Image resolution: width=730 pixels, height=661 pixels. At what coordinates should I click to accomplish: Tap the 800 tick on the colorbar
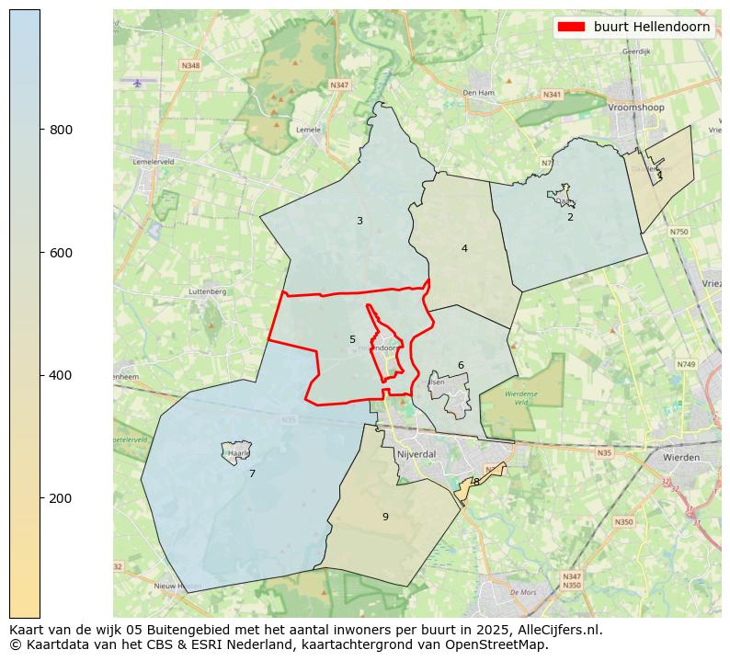[x=40, y=130]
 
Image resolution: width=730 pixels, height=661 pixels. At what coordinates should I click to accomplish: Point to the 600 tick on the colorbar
[x=40, y=253]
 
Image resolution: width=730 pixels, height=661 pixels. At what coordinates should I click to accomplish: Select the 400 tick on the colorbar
[x=40, y=375]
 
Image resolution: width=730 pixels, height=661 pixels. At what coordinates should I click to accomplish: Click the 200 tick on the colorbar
[x=40, y=498]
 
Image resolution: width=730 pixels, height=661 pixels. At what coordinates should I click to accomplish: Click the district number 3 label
[x=359, y=221]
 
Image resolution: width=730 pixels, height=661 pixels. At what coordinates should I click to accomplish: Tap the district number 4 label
[x=464, y=248]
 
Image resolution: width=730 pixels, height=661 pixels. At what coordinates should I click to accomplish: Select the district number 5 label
[x=352, y=339]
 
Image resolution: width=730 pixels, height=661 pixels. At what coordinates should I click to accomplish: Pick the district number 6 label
[x=461, y=365]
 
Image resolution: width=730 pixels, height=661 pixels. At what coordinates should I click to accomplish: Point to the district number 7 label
[x=252, y=473]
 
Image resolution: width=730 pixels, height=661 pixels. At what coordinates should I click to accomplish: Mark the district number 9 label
[x=385, y=517]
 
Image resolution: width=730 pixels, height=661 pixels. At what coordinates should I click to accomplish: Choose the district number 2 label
[x=570, y=217]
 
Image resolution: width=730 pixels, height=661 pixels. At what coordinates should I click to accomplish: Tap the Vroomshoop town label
[x=636, y=107]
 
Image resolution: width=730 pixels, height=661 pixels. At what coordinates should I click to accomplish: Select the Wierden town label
[x=681, y=457]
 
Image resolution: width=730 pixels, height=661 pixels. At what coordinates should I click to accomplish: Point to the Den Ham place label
[x=479, y=93]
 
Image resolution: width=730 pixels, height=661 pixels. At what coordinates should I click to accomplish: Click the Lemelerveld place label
[x=154, y=161]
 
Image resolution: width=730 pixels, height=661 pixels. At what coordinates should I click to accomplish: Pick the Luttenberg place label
[x=207, y=291]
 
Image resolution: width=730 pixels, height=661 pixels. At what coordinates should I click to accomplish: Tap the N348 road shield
[x=190, y=66]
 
